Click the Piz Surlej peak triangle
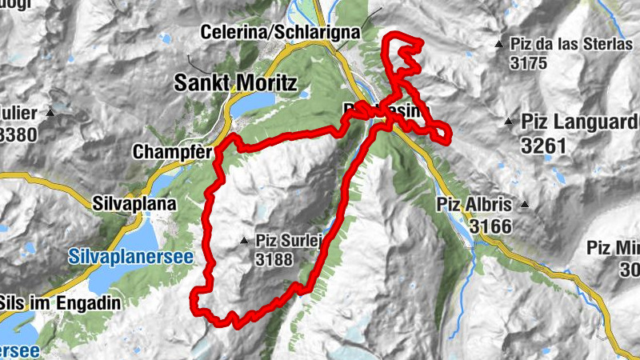[x=245, y=240]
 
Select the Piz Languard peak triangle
[x=508, y=122]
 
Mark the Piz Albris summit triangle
[x=524, y=204]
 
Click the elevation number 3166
[x=490, y=226]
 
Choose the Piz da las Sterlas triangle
[x=499, y=43]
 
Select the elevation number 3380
[x=17, y=134]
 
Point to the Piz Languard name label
[x=580, y=122]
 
